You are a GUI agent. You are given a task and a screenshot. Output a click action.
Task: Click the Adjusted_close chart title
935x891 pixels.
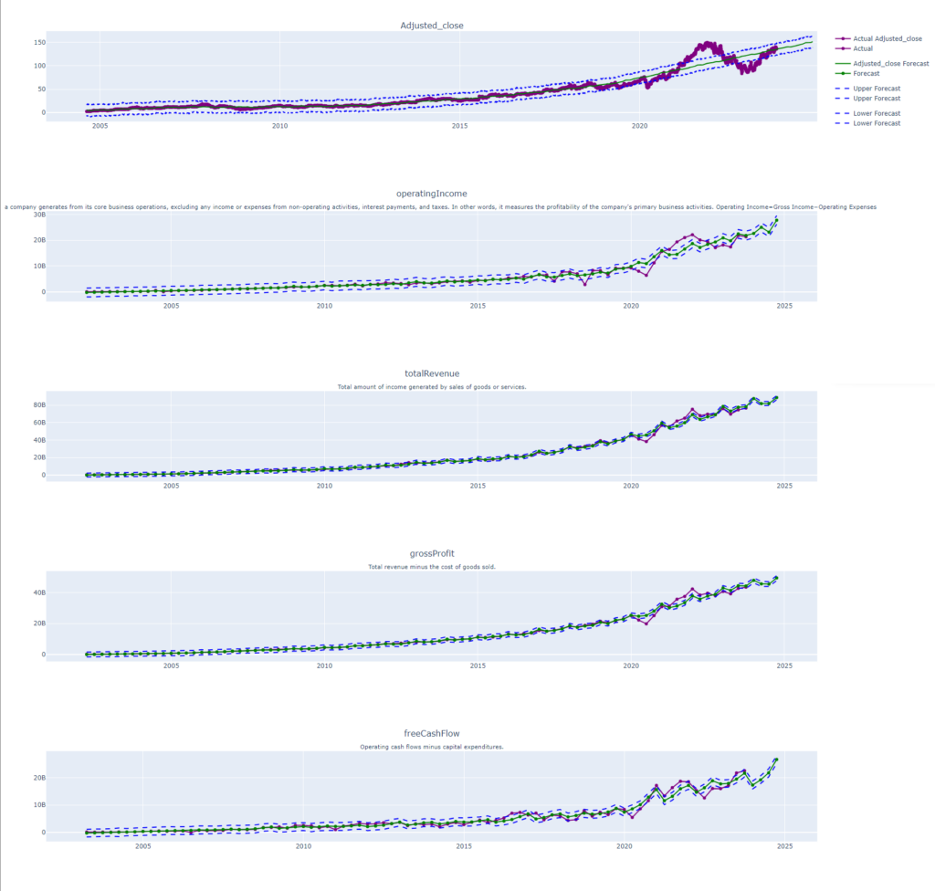(432, 26)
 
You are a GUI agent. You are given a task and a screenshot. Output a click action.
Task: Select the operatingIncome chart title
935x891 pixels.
(432, 194)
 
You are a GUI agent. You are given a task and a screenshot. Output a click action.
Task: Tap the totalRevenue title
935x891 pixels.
(432, 373)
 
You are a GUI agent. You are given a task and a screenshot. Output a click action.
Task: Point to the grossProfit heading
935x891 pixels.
(432, 553)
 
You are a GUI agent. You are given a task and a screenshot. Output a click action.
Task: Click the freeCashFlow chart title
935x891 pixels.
(432, 733)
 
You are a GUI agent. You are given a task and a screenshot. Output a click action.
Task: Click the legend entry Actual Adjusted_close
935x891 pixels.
(887, 39)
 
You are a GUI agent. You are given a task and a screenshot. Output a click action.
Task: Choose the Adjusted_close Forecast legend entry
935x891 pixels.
(890, 64)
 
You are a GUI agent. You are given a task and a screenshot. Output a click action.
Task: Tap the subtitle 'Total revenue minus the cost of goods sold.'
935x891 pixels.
(432, 567)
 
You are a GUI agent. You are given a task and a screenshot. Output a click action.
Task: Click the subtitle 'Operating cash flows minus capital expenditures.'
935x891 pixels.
(432, 747)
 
